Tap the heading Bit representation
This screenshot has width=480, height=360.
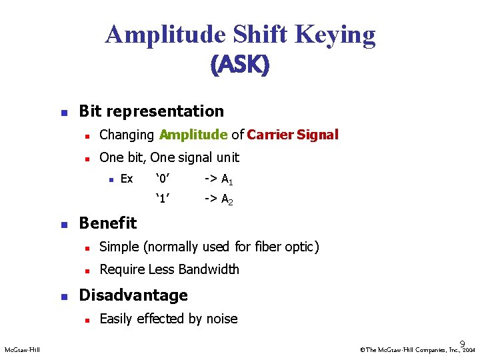coord(151,111)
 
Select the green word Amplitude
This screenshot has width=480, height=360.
coord(193,135)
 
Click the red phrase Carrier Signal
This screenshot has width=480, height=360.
coord(293,135)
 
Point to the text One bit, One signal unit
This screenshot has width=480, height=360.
coord(169,157)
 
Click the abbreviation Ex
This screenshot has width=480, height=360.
coord(126,179)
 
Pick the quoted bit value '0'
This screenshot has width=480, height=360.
coord(163,179)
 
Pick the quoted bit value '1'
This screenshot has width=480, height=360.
coord(163,198)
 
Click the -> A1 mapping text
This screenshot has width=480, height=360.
coord(218,179)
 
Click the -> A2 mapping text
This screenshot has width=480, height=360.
coord(218,199)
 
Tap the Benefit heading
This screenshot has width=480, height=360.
coord(107,223)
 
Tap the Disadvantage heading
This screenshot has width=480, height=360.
coord(133,295)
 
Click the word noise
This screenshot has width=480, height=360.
coord(221,319)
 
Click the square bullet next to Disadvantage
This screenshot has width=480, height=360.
coord(63,296)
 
